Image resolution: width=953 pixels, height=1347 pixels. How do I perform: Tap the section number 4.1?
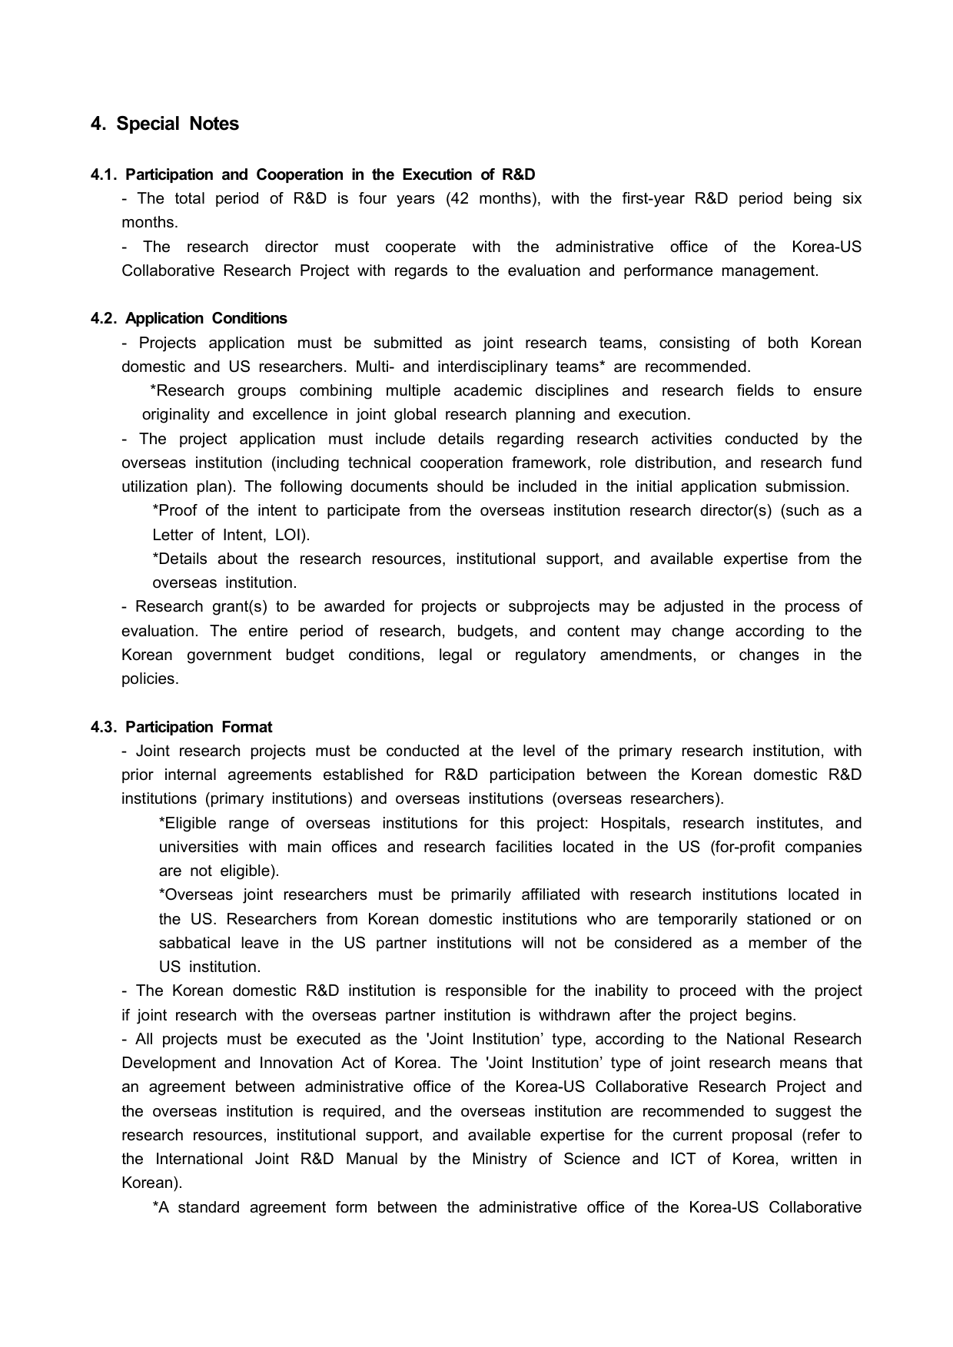(x=105, y=174)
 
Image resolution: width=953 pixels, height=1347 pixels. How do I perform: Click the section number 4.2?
(x=105, y=318)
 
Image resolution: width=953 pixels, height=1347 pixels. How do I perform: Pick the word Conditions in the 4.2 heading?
(x=249, y=318)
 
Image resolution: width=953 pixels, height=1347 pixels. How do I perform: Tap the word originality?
(x=175, y=414)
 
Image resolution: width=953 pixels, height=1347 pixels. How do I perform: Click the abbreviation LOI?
(x=290, y=535)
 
